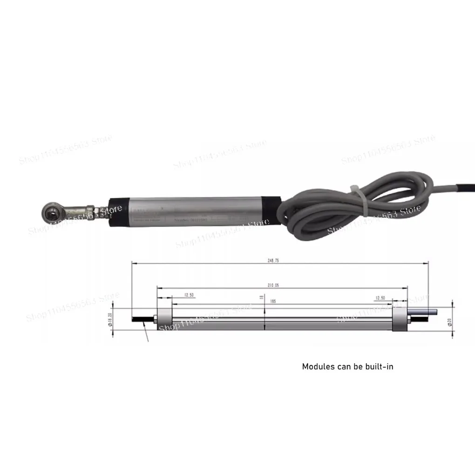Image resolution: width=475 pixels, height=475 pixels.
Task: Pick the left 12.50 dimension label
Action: tap(189, 295)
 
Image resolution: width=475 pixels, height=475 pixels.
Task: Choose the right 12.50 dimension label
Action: tap(380, 297)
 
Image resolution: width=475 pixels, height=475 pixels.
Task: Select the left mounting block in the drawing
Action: tap(163, 319)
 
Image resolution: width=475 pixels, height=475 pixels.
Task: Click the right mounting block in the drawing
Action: tap(400, 319)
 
